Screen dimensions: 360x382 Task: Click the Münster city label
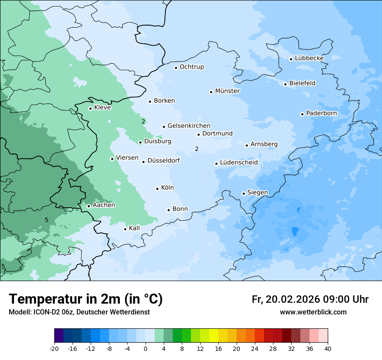click(227, 91)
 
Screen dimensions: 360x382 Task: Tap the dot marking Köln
click(157, 189)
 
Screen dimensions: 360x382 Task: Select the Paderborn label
click(321, 113)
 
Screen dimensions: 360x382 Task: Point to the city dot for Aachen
click(89, 206)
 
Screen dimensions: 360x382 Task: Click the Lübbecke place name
click(309, 58)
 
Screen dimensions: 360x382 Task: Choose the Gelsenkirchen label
click(189, 126)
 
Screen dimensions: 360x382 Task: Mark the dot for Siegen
click(244, 193)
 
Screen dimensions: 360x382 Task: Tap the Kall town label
click(134, 228)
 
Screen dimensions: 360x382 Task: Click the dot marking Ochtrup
click(176, 67)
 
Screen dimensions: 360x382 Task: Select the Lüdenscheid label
click(239, 163)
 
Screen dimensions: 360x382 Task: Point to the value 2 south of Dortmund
click(197, 149)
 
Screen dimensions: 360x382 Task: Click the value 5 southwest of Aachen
click(46, 220)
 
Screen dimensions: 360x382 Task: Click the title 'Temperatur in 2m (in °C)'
click(86, 299)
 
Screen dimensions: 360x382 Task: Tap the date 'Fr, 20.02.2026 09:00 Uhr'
click(310, 299)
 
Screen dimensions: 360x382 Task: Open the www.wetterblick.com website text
click(313, 312)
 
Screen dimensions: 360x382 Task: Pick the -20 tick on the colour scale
click(54, 348)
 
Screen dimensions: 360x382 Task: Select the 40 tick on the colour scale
click(328, 348)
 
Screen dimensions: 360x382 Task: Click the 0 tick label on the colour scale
click(145, 348)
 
